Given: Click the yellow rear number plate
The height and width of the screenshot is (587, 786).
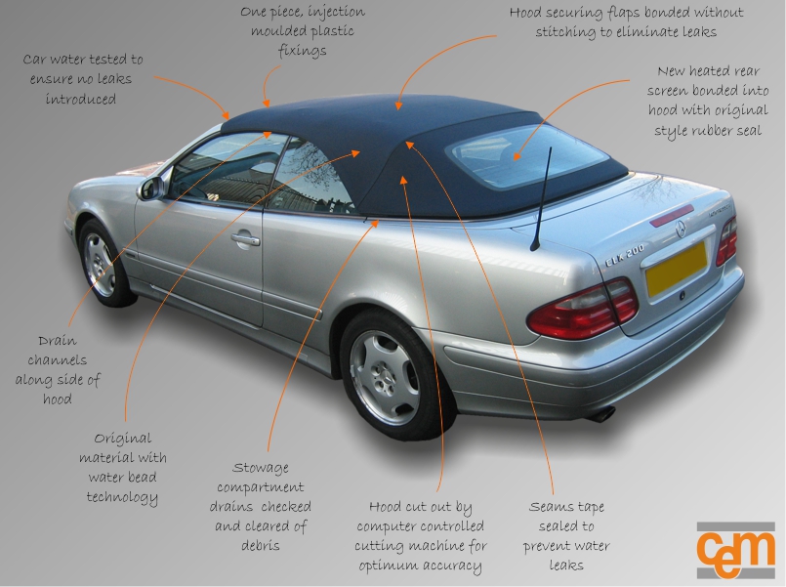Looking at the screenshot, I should (676, 269).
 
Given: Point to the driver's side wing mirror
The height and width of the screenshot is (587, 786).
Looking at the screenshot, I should (150, 188).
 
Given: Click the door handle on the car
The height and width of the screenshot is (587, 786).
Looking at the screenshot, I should (245, 238).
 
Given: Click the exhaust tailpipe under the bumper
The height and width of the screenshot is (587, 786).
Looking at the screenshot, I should (601, 414).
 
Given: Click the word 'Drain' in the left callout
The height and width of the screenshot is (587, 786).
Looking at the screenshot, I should (58, 341).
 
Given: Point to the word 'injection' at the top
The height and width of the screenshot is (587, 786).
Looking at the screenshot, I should (333, 12).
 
